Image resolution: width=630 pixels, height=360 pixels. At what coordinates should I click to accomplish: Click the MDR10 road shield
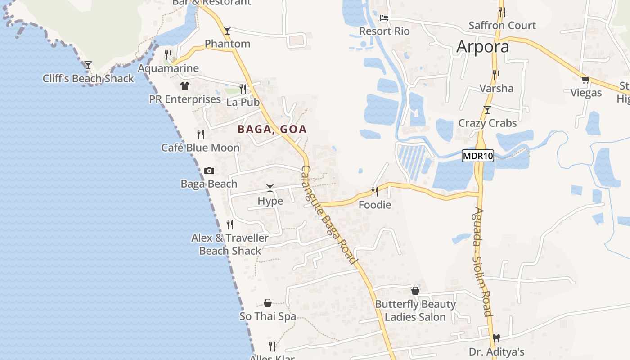[x=478, y=156]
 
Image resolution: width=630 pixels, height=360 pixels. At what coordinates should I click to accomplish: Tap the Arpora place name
[x=483, y=46]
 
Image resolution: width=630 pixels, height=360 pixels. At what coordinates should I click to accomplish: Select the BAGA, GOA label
[x=272, y=130]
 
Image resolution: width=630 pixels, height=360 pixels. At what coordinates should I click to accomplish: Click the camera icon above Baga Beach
[x=209, y=171]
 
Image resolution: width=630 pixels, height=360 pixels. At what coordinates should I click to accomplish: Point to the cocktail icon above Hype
[x=270, y=187]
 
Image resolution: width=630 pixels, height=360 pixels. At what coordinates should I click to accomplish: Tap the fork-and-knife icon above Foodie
[x=374, y=192]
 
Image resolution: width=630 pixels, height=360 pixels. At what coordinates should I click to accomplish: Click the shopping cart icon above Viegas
[x=585, y=80]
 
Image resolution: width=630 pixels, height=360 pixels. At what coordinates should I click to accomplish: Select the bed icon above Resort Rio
[x=384, y=18]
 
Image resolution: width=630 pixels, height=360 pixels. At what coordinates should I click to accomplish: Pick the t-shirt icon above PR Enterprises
[x=184, y=85]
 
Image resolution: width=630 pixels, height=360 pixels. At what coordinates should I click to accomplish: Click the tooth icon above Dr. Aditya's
[x=496, y=337]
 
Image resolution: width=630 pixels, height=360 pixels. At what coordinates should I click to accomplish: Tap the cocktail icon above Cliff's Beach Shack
[x=88, y=65]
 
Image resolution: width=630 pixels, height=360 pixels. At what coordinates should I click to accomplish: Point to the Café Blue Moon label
[x=201, y=148]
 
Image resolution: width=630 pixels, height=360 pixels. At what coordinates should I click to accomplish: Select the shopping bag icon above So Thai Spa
[x=268, y=303]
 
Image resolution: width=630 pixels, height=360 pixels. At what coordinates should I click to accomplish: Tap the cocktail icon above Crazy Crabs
[x=487, y=109]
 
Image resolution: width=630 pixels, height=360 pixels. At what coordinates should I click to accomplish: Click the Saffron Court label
[x=502, y=26]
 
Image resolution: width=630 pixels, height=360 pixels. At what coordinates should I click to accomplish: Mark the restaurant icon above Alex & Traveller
[x=230, y=224]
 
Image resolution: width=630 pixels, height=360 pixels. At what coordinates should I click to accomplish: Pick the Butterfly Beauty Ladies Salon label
[x=415, y=310]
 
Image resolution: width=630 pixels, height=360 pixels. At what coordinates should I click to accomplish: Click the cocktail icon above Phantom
[x=227, y=30]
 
